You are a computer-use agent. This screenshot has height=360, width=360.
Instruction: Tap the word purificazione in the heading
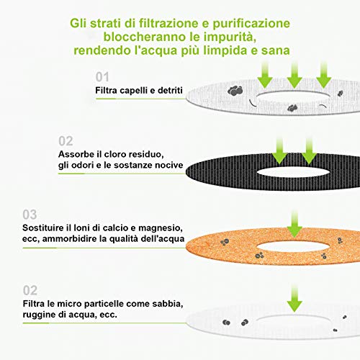(x=251, y=24)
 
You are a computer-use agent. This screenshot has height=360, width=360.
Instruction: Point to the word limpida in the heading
(x=225, y=50)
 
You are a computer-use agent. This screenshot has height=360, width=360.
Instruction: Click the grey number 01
(x=102, y=77)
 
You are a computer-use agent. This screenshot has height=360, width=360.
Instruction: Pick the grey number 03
(x=30, y=215)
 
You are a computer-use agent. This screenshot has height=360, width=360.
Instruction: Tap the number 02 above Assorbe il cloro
(x=66, y=141)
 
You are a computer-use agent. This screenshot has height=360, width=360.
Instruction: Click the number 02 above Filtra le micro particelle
(x=30, y=290)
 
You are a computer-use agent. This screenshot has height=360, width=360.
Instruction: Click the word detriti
(x=170, y=90)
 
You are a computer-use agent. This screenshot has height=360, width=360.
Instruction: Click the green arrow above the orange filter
(x=294, y=224)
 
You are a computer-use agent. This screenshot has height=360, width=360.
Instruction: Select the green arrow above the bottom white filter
(x=294, y=299)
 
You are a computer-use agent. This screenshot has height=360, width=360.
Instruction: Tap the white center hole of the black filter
(x=293, y=171)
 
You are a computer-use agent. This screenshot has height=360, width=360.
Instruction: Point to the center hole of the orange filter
(x=293, y=246)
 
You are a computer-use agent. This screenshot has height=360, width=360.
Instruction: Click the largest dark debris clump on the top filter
(x=235, y=91)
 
